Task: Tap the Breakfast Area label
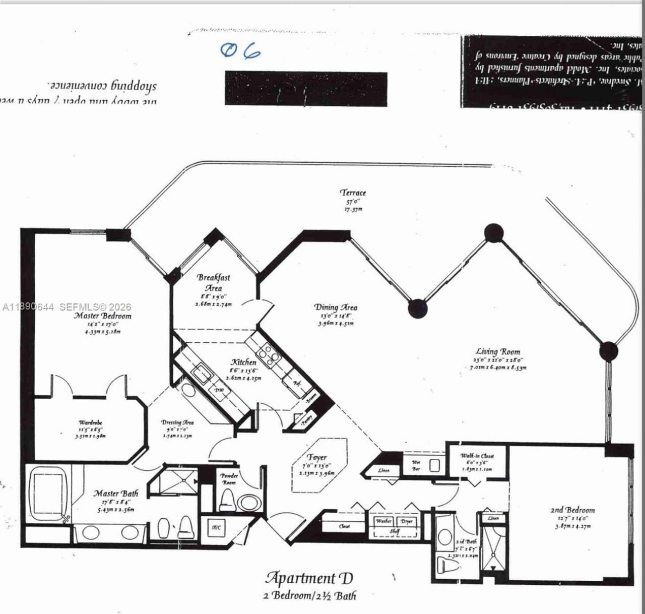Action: coord(213,282)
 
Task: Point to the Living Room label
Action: coord(498,352)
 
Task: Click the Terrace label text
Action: coord(353,193)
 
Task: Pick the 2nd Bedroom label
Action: coord(572,510)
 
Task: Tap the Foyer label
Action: coord(317,457)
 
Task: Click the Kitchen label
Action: coord(243,362)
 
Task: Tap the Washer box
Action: coord(383,521)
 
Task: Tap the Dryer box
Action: coord(406,521)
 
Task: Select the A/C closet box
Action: coord(216,528)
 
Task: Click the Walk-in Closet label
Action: coord(477,456)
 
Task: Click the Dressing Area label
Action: coord(177,422)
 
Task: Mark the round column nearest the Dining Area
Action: coord(417,309)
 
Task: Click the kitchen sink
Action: coord(204,374)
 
